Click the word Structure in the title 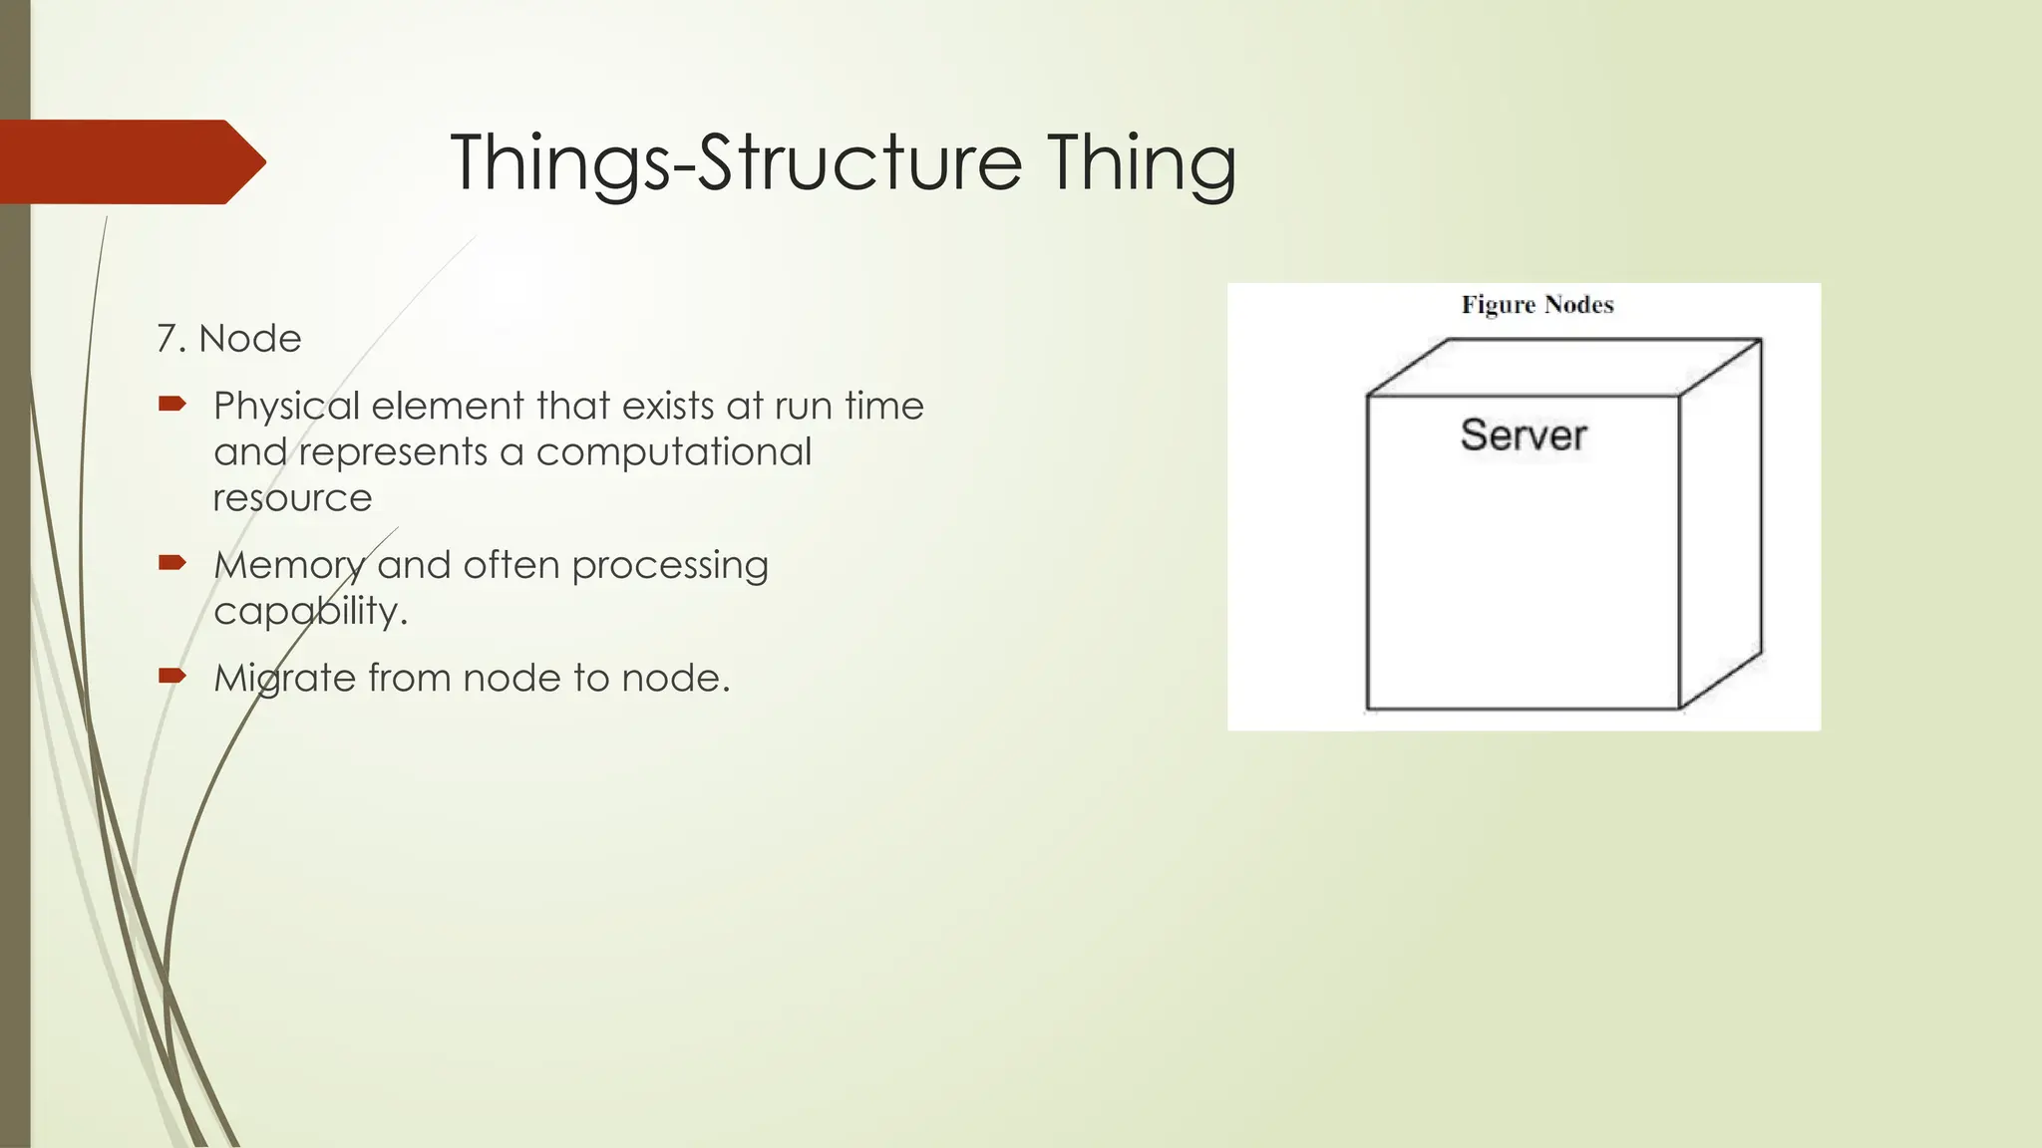coord(859,162)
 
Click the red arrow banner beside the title coord(130,161)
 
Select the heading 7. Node coord(229,339)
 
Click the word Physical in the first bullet coord(286,407)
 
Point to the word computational coord(674,452)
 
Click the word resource coord(292,497)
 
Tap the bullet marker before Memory coord(172,563)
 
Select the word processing coord(670,565)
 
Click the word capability coord(309,611)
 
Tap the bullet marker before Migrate coord(172,676)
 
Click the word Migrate coord(284,679)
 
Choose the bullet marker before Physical coord(172,404)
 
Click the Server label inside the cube coord(1523,435)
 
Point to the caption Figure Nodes coord(1536,305)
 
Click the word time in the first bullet coord(884,407)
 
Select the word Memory coord(289,566)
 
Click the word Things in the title coord(560,162)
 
